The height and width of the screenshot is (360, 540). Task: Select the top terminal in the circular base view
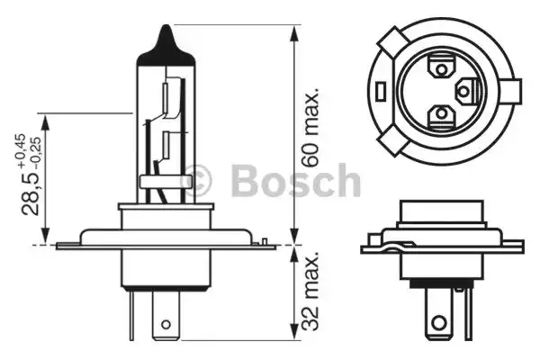(442, 66)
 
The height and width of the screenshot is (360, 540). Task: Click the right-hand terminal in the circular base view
(464, 90)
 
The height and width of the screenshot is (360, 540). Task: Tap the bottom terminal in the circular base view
(441, 115)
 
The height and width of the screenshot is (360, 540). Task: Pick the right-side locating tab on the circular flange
(512, 91)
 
